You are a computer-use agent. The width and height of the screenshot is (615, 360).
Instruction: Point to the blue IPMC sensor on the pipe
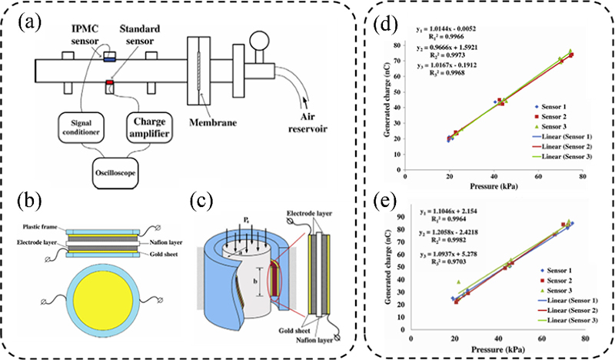tap(110, 56)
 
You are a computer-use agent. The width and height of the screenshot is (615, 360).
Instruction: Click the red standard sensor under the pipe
tap(110, 82)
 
